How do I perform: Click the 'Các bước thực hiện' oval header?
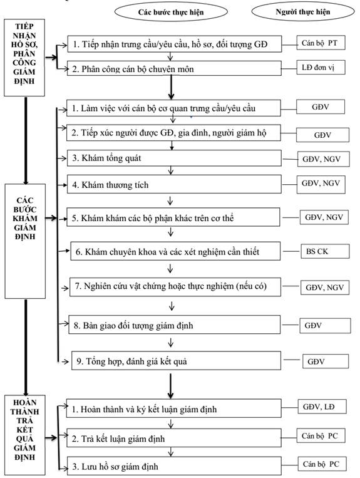click(x=171, y=12)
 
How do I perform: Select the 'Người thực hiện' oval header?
click(x=303, y=11)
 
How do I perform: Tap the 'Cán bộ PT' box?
click(x=321, y=43)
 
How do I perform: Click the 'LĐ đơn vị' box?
click(x=321, y=68)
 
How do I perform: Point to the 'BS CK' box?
click(x=325, y=251)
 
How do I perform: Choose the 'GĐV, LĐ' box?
click(x=322, y=407)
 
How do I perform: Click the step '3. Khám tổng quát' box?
click(x=174, y=158)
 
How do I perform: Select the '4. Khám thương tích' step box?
click(x=174, y=184)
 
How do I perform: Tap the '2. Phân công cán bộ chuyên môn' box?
click(x=174, y=68)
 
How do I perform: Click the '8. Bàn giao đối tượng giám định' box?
click(x=174, y=325)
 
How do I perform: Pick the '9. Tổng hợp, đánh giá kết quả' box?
click(x=176, y=361)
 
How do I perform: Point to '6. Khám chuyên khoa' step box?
click(x=175, y=251)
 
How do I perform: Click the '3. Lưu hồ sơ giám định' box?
click(x=174, y=466)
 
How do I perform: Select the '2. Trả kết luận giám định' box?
click(x=174, y=438)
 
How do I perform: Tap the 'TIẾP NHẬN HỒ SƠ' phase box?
click(x=24, y=58)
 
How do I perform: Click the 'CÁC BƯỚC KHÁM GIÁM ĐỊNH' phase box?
click(x=25, y=241)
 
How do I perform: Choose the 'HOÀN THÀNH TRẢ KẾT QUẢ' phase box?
click(x=25, y=435)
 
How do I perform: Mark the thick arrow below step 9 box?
click(x=170, y=387)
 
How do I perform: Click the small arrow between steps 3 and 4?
click(x=170, y=170)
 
